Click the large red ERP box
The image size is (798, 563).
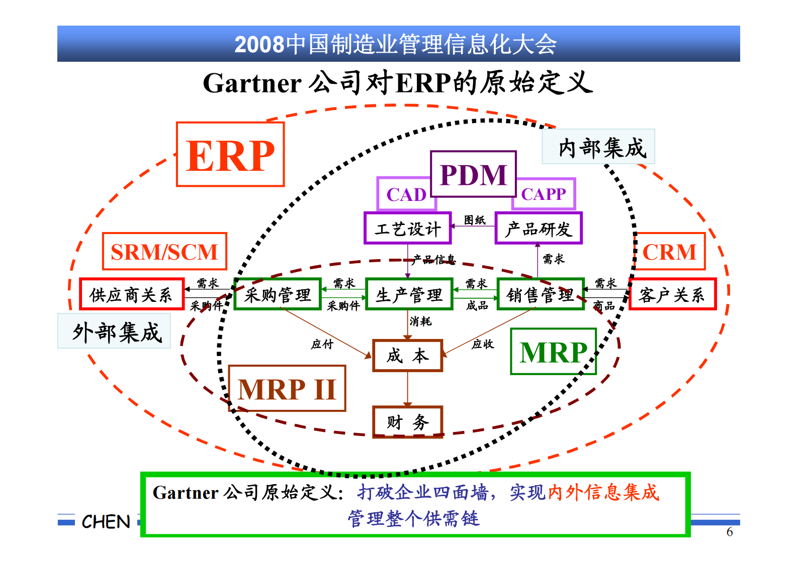(x=230, y=155)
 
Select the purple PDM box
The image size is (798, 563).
(x=473, y=174)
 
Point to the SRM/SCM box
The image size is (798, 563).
(x=164, y=252)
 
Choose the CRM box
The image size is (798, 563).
(x=669, y=252)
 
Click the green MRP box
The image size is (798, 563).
(x=553, y=352)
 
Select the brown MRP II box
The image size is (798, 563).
(x=287, y=389)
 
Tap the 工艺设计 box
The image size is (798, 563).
(x=407, y=229)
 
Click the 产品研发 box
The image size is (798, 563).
(x=539, y=229)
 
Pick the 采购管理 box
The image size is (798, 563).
(x=278, y=294)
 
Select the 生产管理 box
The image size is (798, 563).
(x=409, y=294)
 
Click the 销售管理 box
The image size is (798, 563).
(x=541, y=294)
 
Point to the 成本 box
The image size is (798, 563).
(x=407, y=356)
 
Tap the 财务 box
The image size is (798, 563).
(x=407, y=422)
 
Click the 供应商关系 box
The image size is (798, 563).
(x=131, y=294)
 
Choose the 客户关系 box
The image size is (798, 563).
(x=672, y=294)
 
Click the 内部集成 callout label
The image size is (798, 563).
(x=598, y=147)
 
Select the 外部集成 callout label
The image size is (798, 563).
(x=115, y=331)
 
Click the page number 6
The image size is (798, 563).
(x=729, y=532)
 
